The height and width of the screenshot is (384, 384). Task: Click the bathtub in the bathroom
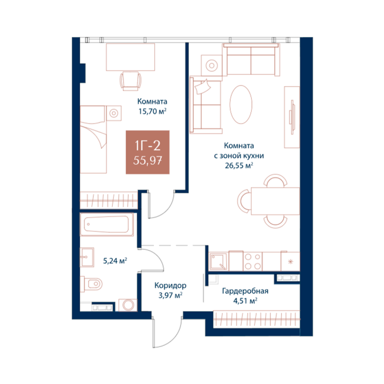click(x=107, y=224)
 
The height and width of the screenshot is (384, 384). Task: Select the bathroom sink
click(x=87, y=257)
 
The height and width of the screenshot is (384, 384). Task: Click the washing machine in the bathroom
click(x=128, y=305)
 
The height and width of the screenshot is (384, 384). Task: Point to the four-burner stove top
click(x=252, y=261)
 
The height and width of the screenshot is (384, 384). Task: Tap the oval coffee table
click(x=241, y=104)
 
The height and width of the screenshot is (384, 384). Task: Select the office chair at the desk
click(x=131, y=81)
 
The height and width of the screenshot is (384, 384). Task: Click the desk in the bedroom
click(x=130, y=57)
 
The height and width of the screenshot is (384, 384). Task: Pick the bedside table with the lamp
click(x=113, y=113)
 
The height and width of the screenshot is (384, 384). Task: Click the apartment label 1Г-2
click(x=147, y=145)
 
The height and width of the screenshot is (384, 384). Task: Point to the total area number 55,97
click(x=147, y=160)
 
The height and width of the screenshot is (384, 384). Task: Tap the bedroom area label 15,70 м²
click(x=152, y=111)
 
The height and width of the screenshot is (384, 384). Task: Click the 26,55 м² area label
click(x=239, y=165)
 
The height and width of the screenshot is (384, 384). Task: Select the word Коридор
click(x=170, y=285)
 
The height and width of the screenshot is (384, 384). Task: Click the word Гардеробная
click(x=245, y=291)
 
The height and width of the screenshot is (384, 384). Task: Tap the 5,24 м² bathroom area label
click(x=115, y=261)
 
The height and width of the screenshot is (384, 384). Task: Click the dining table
click(x=275, y=201)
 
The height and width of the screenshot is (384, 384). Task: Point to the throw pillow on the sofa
click(x=202, y=86)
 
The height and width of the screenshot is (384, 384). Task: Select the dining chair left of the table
click(x=244, y=201)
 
